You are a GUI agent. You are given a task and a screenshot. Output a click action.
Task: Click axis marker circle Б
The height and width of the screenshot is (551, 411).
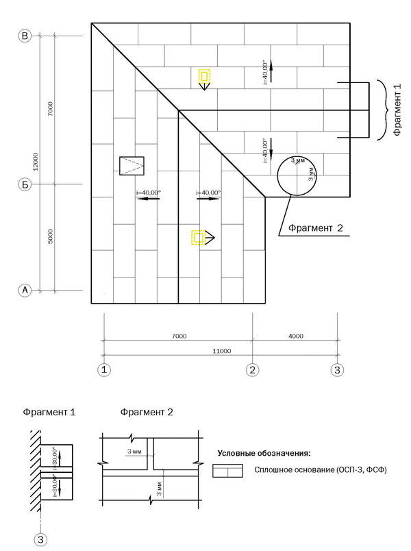pyautogui.click(x=26, y=184)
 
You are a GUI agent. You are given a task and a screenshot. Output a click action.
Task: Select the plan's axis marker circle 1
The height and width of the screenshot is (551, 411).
pyautogui.click(x=104, y=370)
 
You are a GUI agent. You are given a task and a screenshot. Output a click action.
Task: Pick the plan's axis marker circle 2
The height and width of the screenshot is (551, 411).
pyautogui.click(x=253, y=370)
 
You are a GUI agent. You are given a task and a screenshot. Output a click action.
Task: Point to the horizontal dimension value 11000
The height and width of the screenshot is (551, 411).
pyautogui.click(x=221, y=351)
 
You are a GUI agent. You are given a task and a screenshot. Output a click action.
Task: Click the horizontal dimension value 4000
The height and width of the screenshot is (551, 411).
pyautogui.click(x=295, y=336)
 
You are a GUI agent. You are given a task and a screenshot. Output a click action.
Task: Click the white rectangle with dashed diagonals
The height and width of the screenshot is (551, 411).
pyautogui.click(x=132, y=166)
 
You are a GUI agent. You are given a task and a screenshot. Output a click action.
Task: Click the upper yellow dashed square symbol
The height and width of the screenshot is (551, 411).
pyautogui.click(x=204, y=76)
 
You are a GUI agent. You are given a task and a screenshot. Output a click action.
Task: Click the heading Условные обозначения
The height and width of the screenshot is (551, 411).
pyautogui.click(x=264, y=453)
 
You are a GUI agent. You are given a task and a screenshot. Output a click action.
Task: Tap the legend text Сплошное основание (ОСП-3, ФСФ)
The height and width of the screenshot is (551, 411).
pyautogui.click(x=321, y=470)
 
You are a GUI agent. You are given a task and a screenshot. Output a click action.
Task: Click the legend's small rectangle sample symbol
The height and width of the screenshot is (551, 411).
pyautogui.click(x=227, y=471)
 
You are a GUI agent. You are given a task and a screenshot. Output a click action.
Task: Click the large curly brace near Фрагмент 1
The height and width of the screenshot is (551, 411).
pyautogui.click(x=379, y=110)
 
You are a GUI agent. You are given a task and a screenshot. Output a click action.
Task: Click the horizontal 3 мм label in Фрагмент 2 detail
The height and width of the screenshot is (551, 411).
pyautogui.click(x=134, y=452)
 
